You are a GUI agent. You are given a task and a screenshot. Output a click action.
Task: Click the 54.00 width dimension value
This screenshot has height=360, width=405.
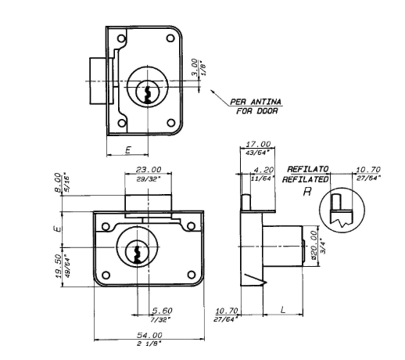149,335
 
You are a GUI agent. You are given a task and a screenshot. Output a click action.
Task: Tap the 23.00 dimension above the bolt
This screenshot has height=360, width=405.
149,170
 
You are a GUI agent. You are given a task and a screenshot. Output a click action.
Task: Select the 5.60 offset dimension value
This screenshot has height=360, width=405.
163,311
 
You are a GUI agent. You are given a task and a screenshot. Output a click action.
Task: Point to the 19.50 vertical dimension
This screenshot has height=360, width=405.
59,266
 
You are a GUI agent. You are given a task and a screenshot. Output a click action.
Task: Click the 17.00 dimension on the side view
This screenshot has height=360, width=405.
258,144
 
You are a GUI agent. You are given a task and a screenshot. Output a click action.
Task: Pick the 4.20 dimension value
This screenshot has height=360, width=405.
263,170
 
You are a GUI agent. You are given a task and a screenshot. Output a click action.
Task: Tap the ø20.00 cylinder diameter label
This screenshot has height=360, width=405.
314,245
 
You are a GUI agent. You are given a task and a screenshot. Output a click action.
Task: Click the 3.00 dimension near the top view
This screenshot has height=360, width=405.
195,67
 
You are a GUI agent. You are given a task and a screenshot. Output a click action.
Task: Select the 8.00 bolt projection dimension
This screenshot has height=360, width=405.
58,182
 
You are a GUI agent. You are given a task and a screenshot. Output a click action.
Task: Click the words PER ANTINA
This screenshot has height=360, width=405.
256,102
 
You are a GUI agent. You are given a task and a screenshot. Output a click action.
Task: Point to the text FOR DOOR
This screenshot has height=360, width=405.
257,111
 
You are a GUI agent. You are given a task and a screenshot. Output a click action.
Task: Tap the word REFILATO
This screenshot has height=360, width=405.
308,169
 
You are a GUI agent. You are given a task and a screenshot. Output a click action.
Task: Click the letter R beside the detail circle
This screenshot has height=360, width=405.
307,192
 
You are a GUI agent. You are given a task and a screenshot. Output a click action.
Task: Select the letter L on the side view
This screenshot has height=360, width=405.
283,310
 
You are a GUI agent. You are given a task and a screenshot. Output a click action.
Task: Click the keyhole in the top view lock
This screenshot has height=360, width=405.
148,95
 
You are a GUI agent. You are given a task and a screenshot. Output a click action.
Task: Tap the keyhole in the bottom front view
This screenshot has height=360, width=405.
137,254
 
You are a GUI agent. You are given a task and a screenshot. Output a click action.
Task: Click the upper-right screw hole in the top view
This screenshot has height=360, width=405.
170,38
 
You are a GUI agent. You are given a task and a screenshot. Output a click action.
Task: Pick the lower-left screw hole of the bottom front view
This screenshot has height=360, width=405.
106,275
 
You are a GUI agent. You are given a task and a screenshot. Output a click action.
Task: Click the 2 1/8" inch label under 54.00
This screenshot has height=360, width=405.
149,344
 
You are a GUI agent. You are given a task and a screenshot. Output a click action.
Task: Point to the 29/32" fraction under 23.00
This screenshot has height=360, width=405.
148,179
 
